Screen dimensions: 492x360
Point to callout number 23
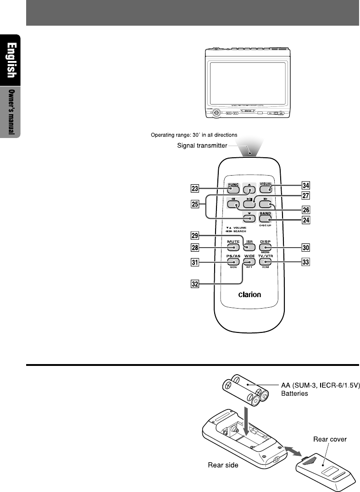(x=195, y=188)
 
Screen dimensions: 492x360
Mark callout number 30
(x=305, y=247)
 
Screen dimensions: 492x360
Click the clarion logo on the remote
(x=249, y=295)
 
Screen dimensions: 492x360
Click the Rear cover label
(x=330, y=439)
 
